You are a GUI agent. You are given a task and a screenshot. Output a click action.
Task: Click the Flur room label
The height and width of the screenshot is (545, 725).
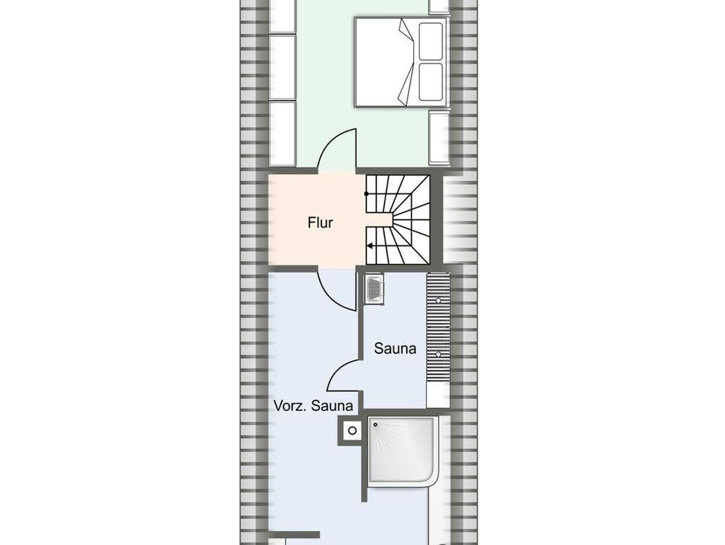[x=320, y=223]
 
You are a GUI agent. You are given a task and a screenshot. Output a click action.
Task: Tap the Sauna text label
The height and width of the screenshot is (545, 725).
[x=395, y=349]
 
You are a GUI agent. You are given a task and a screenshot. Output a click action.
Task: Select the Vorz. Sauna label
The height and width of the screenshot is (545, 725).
[x=313, y=406]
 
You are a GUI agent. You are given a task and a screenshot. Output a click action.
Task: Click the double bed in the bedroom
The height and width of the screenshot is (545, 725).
[x=400, y=62]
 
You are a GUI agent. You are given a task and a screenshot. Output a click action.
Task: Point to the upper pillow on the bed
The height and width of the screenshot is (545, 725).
[x=430, y=41]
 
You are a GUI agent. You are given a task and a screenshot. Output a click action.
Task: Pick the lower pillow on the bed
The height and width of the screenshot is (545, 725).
[x=430, y=82]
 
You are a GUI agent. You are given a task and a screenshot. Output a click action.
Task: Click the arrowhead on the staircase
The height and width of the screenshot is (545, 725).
[x=369, y=246]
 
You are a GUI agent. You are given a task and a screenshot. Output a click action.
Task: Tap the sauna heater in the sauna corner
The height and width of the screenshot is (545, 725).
[x=374, y=290]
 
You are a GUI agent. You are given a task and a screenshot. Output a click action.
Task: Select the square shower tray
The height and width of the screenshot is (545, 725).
[x=403, y=449]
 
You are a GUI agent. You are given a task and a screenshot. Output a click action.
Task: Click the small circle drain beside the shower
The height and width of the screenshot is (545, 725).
[x=352, y=431]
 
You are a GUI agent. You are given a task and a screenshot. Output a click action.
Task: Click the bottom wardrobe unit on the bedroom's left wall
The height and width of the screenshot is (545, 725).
[x=282, y=134]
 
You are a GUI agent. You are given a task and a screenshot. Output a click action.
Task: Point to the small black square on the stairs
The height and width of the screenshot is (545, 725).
[x=366, y=194]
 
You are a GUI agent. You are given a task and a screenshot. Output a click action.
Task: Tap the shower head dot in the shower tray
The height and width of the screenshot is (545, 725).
[x=375, y=424]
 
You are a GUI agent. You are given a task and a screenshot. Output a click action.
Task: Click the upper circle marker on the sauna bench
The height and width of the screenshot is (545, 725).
[x=438, y=300]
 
